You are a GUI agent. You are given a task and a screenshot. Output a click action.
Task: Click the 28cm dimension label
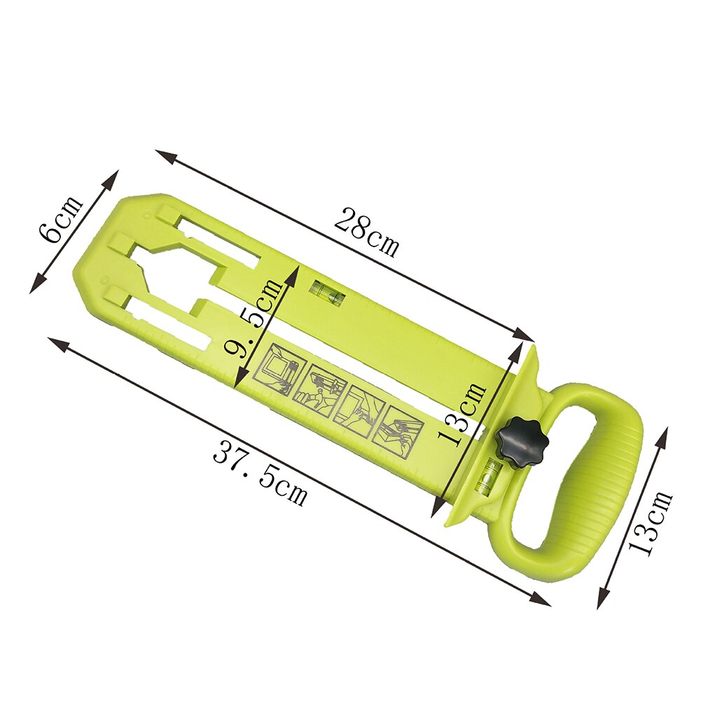[367, 232]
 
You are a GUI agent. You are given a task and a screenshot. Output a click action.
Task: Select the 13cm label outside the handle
[651, 522]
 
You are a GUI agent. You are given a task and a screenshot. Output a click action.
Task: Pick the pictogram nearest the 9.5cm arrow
[279, 370]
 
